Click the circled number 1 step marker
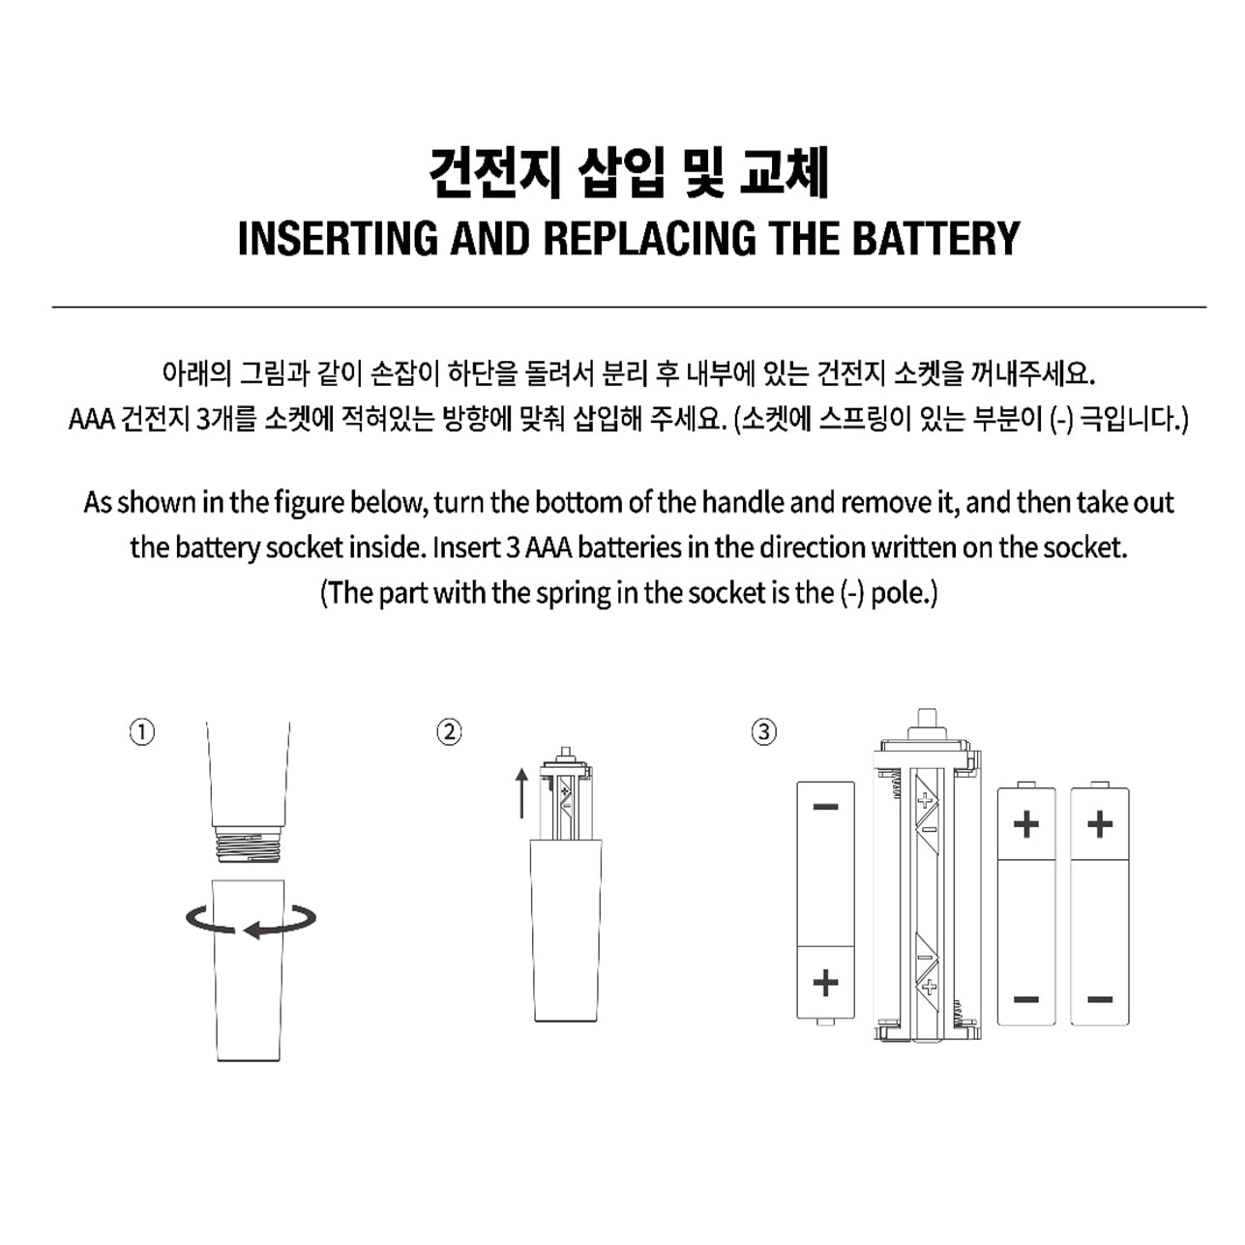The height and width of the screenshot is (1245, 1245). [x=142, y=732]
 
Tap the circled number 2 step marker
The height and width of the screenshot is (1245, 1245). [x=449, y=732]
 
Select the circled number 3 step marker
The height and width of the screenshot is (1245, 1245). [x=763, y=732]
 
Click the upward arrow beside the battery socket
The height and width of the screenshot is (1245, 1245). [x=522, y=793]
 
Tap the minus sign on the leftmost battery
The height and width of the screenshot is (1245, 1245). [x=826, y=807]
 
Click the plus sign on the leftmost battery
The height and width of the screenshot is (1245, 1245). [x=826, y=984]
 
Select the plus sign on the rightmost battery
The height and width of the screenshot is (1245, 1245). [x=1100, y=824]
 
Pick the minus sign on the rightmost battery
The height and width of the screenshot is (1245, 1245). [x=1100, y=999]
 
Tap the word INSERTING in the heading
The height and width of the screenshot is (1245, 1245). [x=338, y=238]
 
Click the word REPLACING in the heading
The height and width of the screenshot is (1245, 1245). [x=650, y=238]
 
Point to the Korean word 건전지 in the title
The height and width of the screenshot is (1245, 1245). [x=493, y=173]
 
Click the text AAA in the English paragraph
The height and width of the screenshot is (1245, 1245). [x=548, y=548]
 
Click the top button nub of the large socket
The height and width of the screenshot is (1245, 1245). [x=927, y=717]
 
